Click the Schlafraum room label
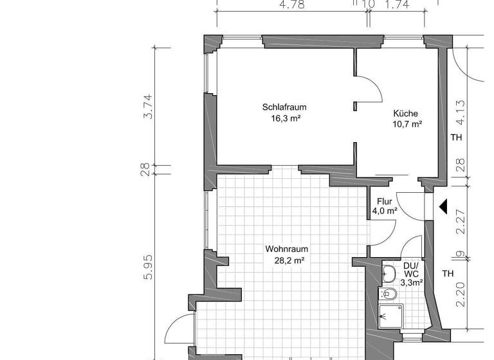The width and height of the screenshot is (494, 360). tap(283, 107)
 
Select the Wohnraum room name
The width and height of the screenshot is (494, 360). tap(287, 249)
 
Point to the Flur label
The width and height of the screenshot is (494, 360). tap(385, 201)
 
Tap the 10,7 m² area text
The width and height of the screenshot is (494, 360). tap(408, 124)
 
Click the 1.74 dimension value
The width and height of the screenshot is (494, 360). tap(396, 4)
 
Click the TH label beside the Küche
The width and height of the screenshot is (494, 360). tap(456, 138)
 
